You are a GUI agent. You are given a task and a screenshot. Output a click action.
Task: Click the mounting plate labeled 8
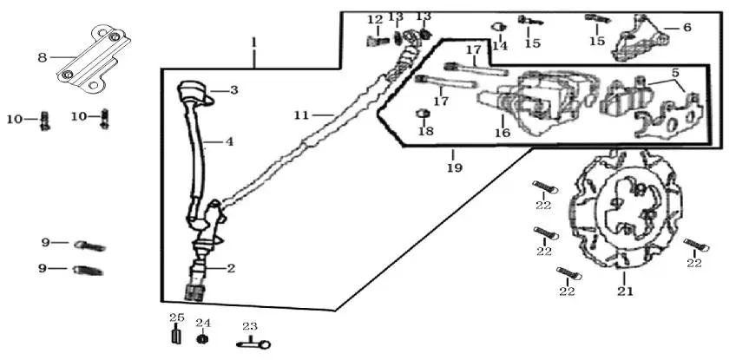click(95, 58)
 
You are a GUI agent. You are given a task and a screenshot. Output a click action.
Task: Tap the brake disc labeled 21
click(624, 209)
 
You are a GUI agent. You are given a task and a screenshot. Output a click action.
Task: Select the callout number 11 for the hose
click(302, 115)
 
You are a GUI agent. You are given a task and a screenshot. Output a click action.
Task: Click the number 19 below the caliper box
click(455, 167)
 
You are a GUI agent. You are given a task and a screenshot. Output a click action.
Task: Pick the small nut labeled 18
click(423, 114)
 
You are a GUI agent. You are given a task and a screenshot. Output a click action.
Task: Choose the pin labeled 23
click(253, 344)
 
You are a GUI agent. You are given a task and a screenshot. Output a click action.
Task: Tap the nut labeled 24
click(202, 338)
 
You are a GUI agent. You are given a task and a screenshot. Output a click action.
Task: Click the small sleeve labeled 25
click(176, 337)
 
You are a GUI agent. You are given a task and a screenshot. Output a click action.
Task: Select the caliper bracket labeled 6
click(640, 39)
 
